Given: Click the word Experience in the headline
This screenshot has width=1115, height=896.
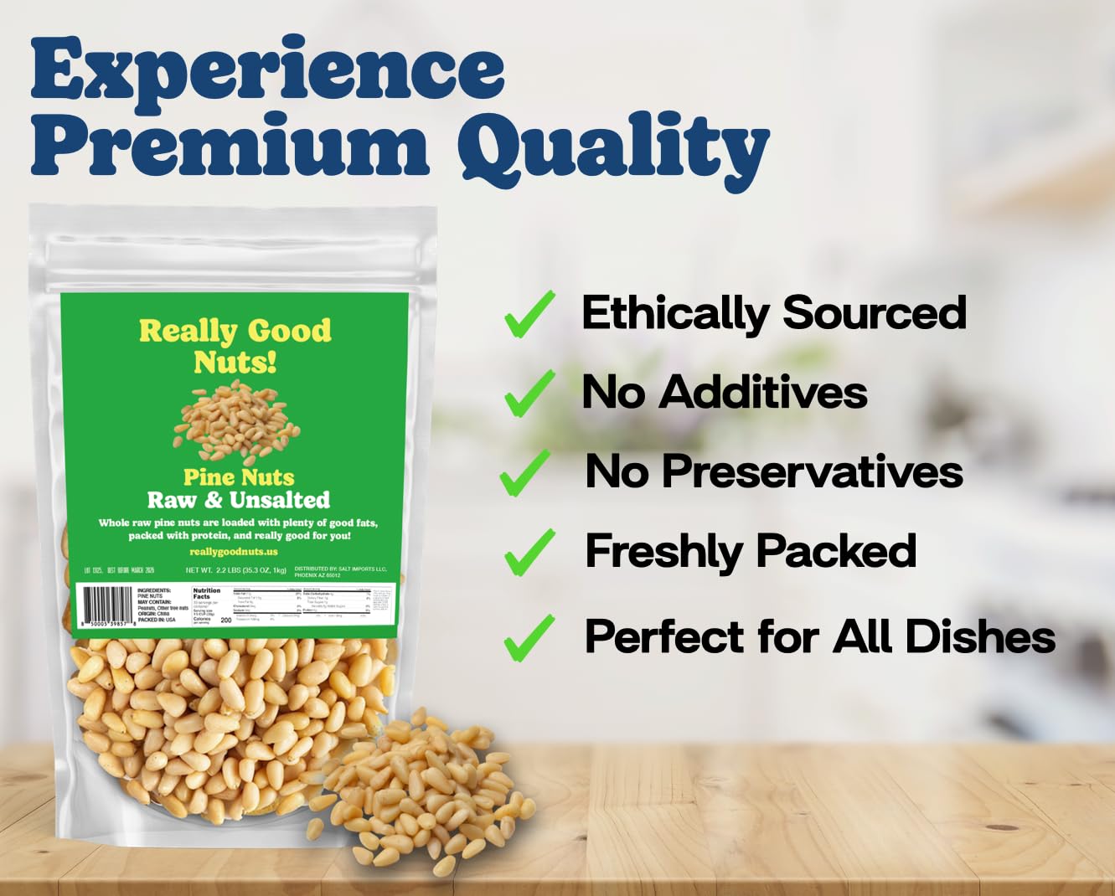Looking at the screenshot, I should [x=268, y=69].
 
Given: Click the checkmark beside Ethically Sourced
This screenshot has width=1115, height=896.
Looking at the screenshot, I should [x=529, y=314].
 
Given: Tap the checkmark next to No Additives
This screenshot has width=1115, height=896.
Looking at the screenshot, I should [x=529, y=393].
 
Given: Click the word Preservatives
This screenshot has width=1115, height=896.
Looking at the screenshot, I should [x=812, y=471].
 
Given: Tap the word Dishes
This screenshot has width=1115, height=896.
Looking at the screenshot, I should [x=979, y=636].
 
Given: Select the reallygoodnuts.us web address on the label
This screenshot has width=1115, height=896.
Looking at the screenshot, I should [x=234, y=552].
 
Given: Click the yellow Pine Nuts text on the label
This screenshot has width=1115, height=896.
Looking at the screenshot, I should [x=239, y=477].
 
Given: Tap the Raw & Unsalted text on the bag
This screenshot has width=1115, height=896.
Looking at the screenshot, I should [x=239, y=500].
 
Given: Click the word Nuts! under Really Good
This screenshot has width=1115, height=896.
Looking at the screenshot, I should [x=235, y=363].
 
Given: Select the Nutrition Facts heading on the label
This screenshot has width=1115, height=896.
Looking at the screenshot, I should [x=207, y=593].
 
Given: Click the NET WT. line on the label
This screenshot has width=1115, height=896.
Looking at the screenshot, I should [x=236, y=570].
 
